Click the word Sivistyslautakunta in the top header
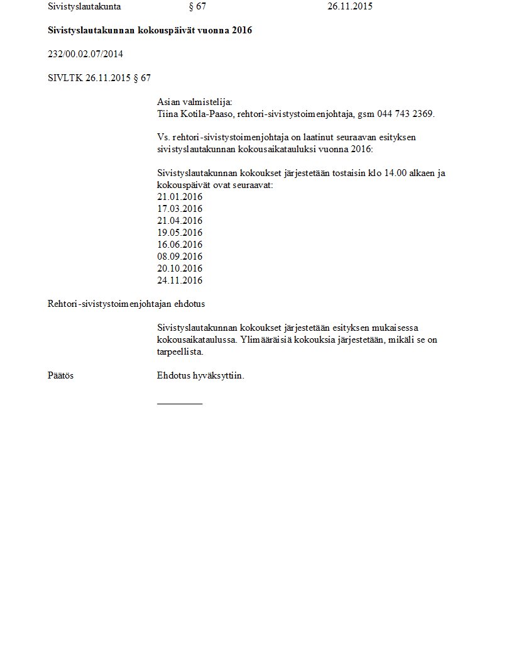coord(84,7)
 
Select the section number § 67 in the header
coord(197,7)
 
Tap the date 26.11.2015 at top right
coord(350,7)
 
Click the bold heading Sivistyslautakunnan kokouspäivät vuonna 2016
coord(150,30)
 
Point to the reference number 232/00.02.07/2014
coord(85,54)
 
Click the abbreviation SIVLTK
coord(65,78)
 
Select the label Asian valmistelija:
coord(194,102)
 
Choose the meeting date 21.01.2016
coord(180,197)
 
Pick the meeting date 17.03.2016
coord(180,209)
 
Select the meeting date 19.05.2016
coord(180,233)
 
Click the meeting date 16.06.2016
coord(180,245)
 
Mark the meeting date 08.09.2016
coord(180,257)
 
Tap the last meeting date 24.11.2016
coord(180,280)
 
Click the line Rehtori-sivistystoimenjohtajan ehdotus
coord(126,304)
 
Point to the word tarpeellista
coord(180,352)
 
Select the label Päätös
coord(60,375)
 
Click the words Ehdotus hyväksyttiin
coord(201,375)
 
